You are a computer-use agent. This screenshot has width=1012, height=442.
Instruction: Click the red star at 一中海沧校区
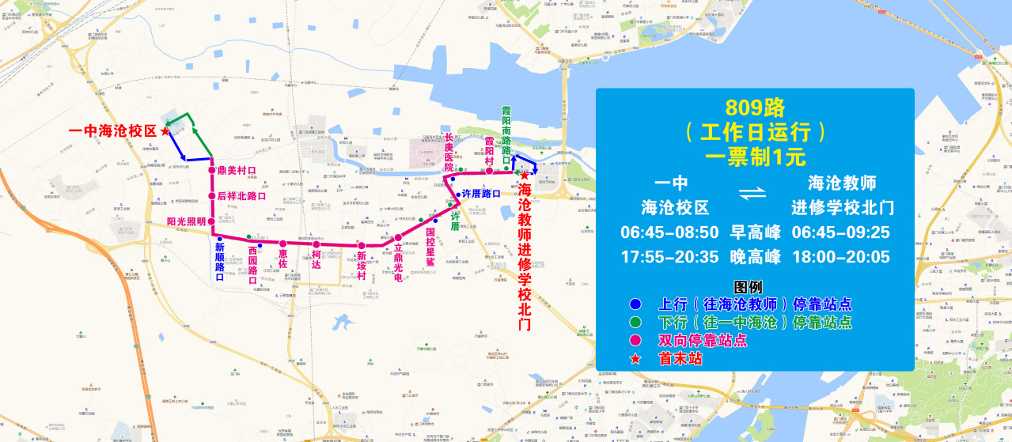(x=165, y=132)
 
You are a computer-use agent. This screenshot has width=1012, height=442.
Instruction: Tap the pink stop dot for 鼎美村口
(x=212, y=170)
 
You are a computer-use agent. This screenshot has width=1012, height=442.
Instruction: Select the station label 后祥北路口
(x=241, y=196)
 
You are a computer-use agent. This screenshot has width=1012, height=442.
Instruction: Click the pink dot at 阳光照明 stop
(x=212, y=221)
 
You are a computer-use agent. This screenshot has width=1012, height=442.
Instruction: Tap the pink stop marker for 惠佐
(x=282, y=244)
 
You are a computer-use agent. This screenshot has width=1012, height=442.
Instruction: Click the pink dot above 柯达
(x=316, y=244)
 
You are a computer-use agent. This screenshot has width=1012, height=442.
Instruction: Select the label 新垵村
(x=362, y=260)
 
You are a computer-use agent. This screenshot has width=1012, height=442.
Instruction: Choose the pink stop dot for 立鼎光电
(x=399, y=238)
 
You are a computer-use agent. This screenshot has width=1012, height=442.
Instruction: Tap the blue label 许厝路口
(x=481, y=194)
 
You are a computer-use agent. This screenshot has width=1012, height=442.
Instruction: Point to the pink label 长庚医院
(x=449, y=152)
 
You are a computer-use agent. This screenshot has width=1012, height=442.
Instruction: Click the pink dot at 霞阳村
(x=490, y=170)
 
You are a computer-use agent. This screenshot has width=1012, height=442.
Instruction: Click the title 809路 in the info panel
(x=755, y=107)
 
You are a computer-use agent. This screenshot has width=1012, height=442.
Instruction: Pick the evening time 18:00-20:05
(x=841, y=257)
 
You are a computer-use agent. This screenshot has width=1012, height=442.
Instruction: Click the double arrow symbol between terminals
(x=755, y=194)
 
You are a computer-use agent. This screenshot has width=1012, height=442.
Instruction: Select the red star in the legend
(x=635, y=359)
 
